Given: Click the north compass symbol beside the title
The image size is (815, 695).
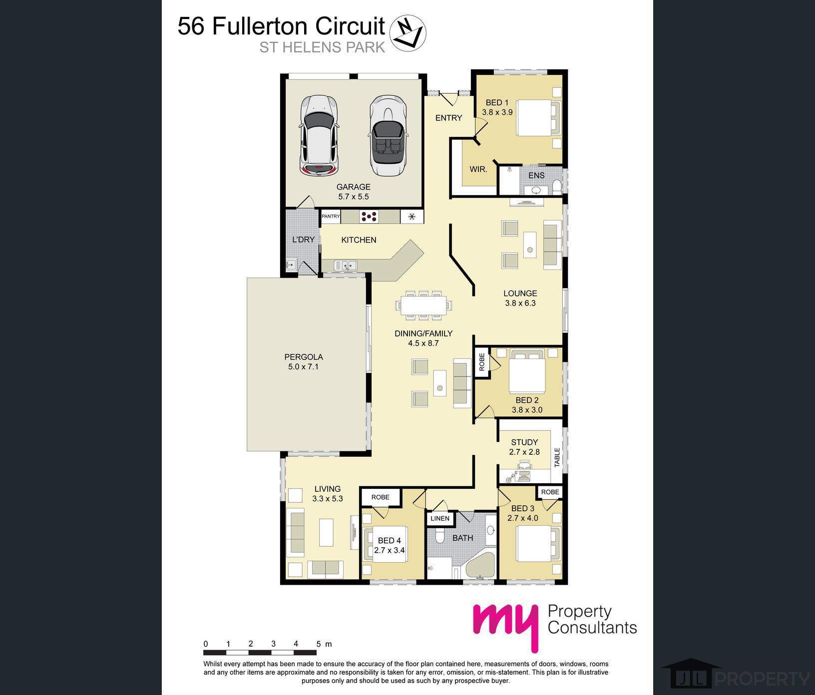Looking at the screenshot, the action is click(x=407, y=33).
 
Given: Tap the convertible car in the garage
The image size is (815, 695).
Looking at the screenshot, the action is click(x=388, y=135).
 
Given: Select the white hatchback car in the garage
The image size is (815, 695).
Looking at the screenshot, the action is click(x=319, y=135).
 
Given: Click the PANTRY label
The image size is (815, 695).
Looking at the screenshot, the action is click(x=331, y=216).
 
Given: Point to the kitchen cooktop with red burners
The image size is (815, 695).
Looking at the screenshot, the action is click(x=369, y=216).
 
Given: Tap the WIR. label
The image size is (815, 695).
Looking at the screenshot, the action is click(x=478, y=169).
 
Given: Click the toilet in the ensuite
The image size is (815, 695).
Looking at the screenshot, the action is click(x=557, y=187).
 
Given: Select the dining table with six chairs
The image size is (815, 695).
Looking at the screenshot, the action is click(x=423, y=304).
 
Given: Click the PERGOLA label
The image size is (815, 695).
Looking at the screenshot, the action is click(x=304, y=357).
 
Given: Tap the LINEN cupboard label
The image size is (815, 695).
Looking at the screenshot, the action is click(x=440, y=518).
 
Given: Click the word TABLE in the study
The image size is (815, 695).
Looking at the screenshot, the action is click(x=557, y=457).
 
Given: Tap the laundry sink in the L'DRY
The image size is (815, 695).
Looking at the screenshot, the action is click(x=291, y=264).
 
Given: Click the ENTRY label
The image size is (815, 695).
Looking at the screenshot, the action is click(x=448, y=118).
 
